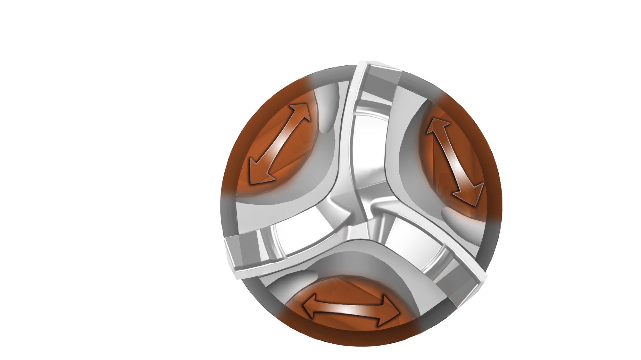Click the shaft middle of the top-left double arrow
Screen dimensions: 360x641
click(x=281, y=143)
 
